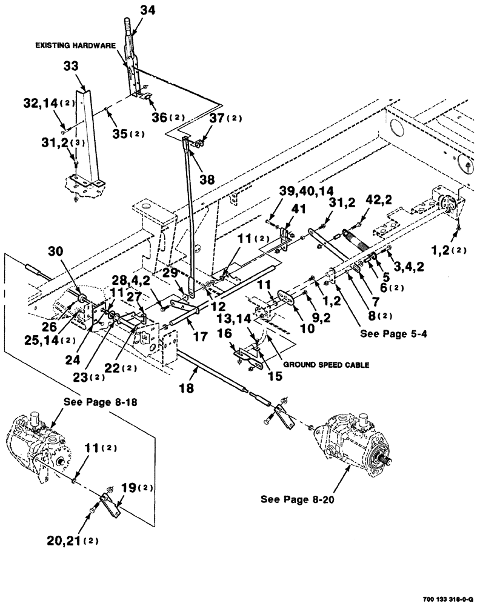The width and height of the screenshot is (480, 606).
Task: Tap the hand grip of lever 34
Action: pyautogui.click(x=128, y=27)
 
